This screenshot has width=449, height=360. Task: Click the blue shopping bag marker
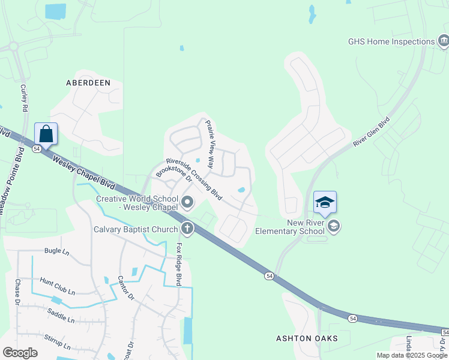tap(46, 134)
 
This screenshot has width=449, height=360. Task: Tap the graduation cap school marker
tap(325, 202)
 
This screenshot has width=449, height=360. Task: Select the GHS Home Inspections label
tap(391, 42)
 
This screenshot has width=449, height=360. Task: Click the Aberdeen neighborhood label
tap(88, 83)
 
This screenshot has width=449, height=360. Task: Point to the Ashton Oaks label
tap(307, 338)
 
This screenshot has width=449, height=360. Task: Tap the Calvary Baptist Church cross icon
tap(187, 229)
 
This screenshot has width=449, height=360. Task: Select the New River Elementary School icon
tap(334, 226)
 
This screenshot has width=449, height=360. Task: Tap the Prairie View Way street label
tap(210, 143)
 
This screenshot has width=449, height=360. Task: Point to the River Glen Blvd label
tap(372, 132)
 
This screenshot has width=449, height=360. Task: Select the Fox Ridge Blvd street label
tap(178, 264)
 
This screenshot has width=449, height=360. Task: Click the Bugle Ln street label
tap(58, 251)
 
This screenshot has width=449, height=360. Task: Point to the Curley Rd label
tap(24, 98)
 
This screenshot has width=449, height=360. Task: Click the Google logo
tap(20, 353)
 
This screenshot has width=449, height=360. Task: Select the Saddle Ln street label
tap(61, 316)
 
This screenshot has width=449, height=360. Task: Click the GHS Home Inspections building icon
tap(444, 41)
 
